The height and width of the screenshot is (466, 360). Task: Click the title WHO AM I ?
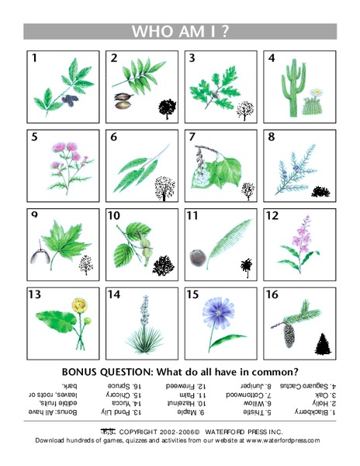pos(180,31)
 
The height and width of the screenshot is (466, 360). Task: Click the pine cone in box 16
pos(291,335)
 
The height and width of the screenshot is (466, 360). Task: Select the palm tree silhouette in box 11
pos(247,266)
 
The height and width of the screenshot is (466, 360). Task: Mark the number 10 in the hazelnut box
pos(114,215)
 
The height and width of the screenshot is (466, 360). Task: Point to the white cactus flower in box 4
pos(316,95)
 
